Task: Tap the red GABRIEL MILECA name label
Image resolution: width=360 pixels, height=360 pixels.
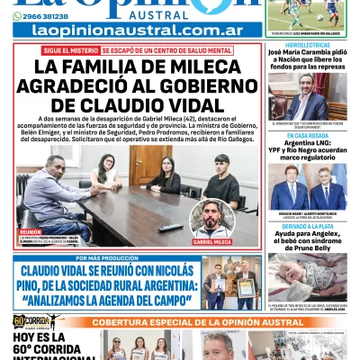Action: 212,242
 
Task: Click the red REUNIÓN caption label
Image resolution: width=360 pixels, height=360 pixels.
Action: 30,231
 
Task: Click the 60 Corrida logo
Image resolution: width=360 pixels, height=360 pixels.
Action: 31,321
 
